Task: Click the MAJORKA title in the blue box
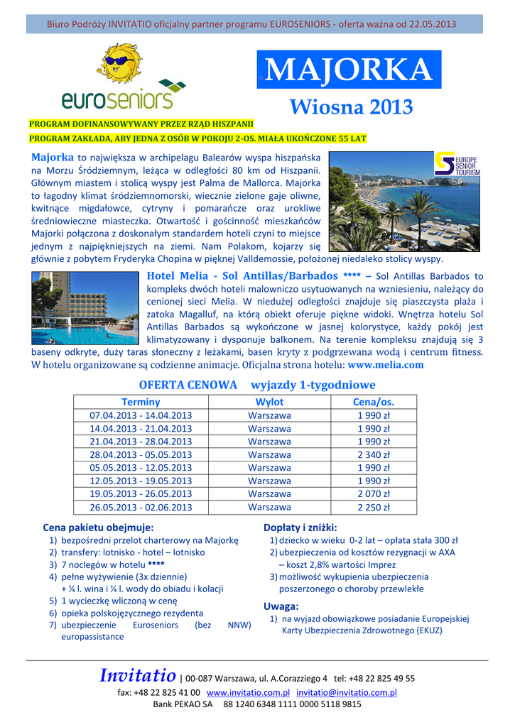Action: coord(349,70)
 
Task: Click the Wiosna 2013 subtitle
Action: coord(351,107)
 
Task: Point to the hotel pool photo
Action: coord(85,307)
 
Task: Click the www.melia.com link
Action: coord(386,365)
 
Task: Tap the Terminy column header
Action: coord(141,402)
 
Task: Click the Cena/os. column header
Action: coord(373,402)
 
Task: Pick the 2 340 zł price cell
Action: coord(373,454)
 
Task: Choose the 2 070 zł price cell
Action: coord(373,493)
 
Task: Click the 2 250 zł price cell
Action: coord(373,507)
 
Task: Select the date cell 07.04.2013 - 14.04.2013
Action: coord(141,415)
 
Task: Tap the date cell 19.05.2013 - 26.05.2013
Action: coord(141,493)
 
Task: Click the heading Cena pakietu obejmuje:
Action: coord(98,528)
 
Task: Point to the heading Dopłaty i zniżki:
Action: coord(300,528)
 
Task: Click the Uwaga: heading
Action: coord(281,606)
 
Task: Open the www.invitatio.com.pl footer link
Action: coord(248,692)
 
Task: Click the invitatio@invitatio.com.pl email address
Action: coord(347,692)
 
